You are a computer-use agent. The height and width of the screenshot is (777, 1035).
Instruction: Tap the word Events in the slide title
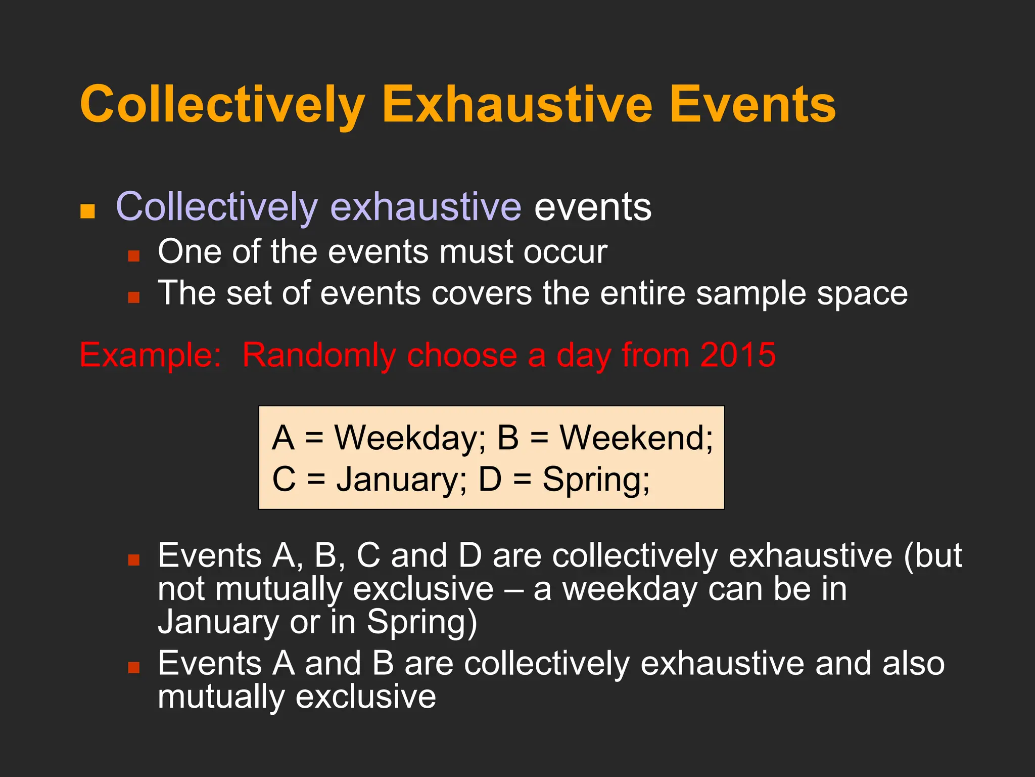click(752, 105)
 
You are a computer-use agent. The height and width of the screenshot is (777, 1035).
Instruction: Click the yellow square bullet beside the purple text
click(87, 211)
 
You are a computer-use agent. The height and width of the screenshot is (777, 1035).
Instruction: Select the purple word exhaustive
click(426, 207)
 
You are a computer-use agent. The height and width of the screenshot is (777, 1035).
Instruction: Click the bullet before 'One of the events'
click(133, 255)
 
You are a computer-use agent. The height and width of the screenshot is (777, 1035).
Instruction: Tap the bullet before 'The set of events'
click(133, 297)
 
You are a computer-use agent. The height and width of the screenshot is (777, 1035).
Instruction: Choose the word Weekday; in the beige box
click(410, 438)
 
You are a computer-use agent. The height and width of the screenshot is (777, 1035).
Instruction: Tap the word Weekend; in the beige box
click(636, 438)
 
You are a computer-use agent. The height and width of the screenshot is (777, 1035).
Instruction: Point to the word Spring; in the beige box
click(596, 480)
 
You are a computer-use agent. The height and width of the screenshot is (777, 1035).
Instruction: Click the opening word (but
click(933, 556)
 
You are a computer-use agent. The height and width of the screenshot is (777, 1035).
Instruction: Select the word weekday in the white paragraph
click(630, 589)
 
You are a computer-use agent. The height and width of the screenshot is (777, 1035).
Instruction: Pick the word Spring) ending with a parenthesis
click(422, 622)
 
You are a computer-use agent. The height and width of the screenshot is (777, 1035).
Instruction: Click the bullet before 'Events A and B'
click(133, 668)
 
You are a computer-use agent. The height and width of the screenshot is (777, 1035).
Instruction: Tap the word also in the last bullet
click(913, 663)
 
